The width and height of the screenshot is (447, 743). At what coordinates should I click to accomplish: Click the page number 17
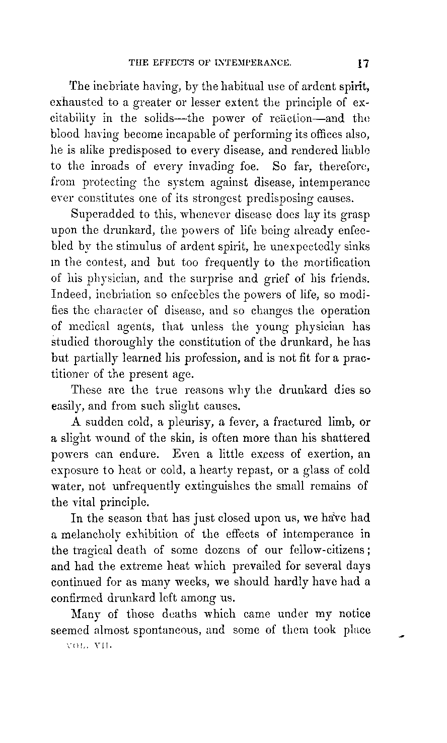[x=364, y=64]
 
